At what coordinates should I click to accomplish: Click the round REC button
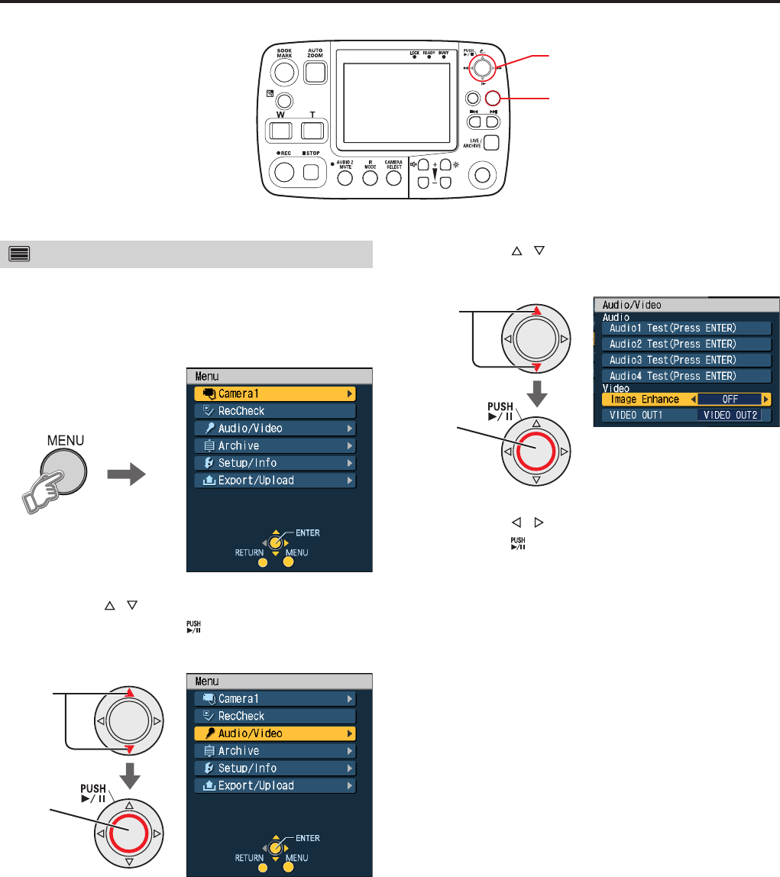(284, 173)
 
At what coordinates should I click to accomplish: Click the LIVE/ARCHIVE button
(492, 143)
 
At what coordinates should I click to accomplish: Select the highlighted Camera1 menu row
(276, 393)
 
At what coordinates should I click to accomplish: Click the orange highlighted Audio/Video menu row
(276, 733)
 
